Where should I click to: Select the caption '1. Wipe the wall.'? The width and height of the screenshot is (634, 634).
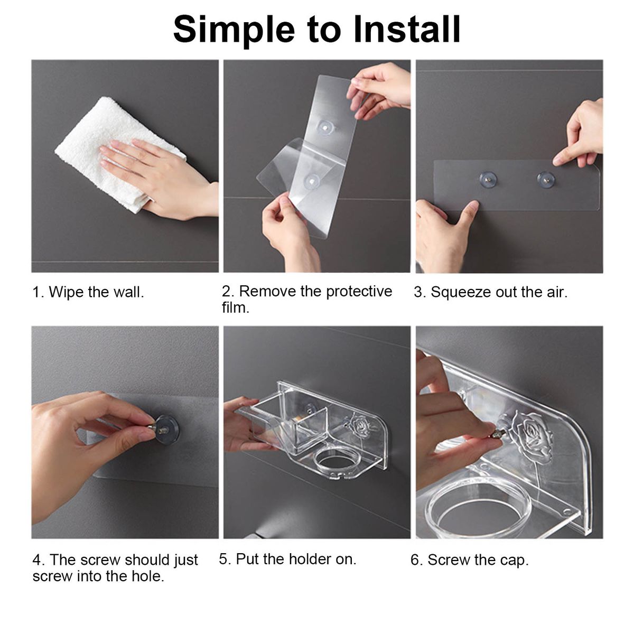pos(88,292)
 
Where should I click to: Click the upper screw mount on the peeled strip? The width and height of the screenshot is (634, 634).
pos(324,127)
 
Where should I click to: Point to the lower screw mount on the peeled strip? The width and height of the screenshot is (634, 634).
pos(311,180)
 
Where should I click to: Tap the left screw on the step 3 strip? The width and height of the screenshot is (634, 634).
pos(488,179)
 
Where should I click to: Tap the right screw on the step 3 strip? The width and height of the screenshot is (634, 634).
pos(545,179)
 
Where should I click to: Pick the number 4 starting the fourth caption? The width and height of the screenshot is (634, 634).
pos(36,560)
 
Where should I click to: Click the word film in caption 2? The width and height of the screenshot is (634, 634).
pos(235,307)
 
